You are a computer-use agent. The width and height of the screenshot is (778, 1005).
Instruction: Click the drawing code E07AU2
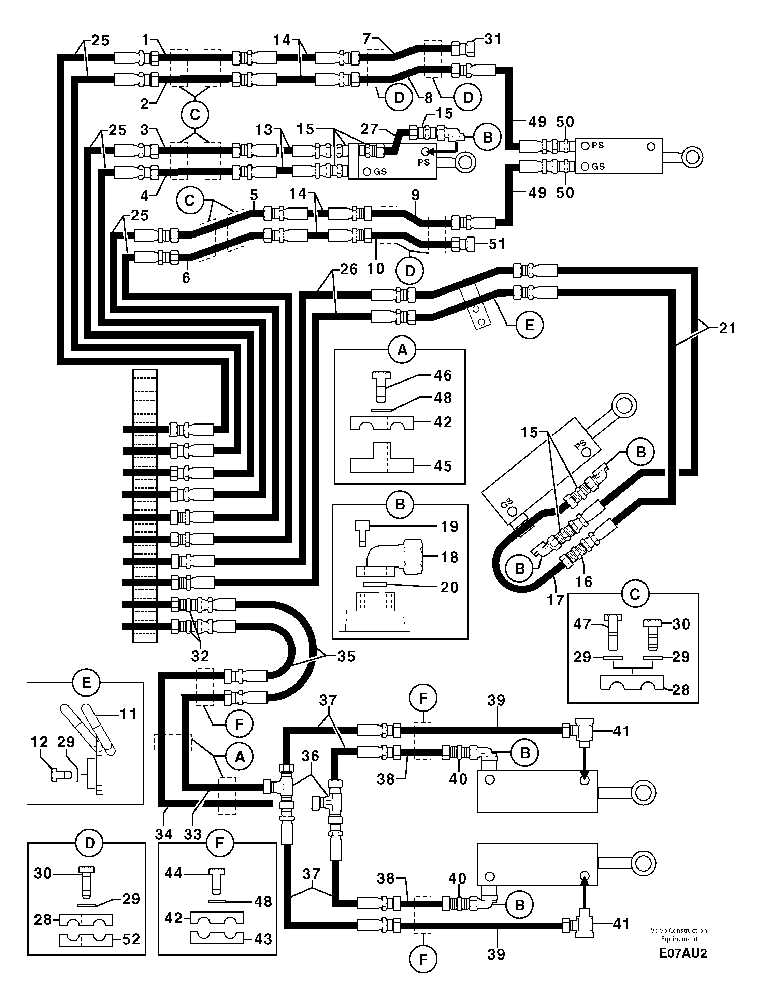click(x=683, y=953)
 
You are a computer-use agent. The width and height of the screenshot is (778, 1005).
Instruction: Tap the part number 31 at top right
click(x=493, y=39)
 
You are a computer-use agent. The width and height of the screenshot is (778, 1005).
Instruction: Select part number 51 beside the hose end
click(x=497, y=244)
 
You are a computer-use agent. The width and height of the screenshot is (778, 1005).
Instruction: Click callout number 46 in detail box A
click(x=443, y=375)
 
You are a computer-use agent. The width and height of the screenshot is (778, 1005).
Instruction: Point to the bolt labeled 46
click(x=380, y=387)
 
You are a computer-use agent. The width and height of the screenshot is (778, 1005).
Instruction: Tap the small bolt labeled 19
click(x=361, y=532)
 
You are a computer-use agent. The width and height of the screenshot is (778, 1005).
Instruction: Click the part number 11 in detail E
click(x=128, y=715)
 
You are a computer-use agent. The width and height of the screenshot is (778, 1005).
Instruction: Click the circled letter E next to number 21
click(x=529, y=325)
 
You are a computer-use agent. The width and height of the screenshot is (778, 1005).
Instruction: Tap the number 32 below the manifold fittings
click(x=200, y=655)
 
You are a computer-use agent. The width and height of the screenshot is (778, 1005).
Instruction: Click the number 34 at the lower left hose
click(x=164, y=833)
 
